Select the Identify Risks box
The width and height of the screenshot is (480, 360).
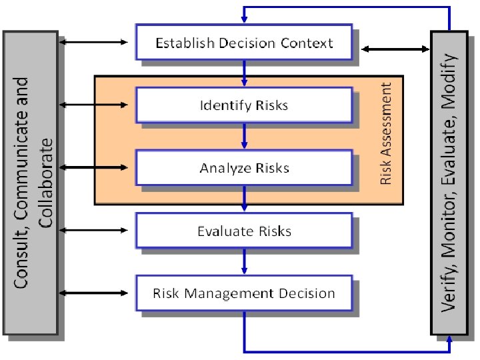[x=244, y=105]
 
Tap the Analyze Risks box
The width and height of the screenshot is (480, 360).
[x=244, y=167]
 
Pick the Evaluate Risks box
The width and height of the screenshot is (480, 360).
[x=244, y=231]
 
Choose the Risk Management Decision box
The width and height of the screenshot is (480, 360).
[x=244, y=293]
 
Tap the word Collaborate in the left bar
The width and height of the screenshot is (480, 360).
[x=46, y=183]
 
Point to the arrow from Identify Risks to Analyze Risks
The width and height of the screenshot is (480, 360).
[x=245, y=137]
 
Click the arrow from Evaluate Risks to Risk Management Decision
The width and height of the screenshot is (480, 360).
[x=245, y=261]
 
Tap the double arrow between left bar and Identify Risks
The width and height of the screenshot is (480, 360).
[x=93, y=105]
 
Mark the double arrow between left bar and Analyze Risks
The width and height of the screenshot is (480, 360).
[x=93, y=167]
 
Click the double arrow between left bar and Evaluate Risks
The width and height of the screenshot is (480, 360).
[x=93, y=230]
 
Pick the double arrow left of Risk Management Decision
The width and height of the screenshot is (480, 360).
[x=93, y=293]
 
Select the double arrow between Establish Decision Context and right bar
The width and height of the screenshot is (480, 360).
[x=395, y=49]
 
